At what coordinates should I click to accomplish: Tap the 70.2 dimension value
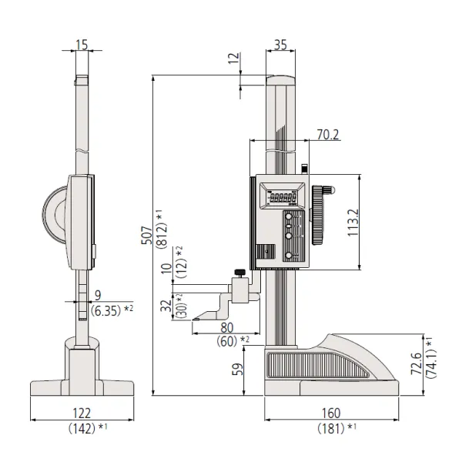coord(328,134)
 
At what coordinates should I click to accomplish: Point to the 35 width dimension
coord(280,45)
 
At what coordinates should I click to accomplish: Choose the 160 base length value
coord(333,413)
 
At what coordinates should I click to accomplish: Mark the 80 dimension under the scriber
coord(225,326)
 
